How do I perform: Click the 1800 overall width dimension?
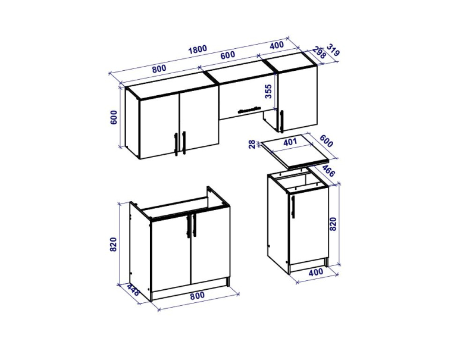198,49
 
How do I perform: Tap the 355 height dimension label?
268,92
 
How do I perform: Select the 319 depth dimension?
333,50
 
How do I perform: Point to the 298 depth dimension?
319,53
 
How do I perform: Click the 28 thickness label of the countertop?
252,144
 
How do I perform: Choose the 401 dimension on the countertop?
290,142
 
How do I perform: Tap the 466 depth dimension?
328,171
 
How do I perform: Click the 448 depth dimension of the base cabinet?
133,290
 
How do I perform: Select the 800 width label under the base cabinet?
198,295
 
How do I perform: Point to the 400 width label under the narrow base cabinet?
316,273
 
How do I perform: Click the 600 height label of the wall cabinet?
113,117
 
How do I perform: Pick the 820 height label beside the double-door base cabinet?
113,245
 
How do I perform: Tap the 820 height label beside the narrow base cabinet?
333,224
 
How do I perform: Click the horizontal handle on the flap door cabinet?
249,109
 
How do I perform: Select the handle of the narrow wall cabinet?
281,121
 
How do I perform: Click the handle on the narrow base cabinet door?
293,206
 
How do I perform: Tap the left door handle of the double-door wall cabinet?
176,144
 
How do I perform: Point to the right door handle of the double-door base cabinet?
195,226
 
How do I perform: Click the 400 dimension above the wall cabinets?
277,45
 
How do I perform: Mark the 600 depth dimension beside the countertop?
326,141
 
